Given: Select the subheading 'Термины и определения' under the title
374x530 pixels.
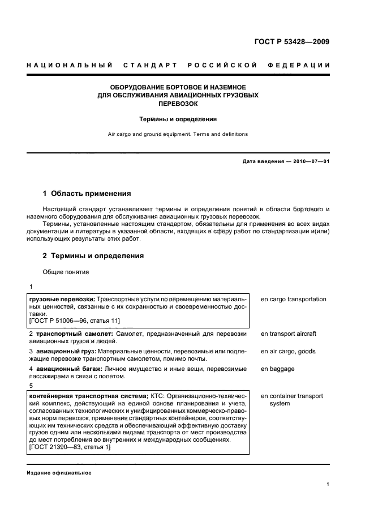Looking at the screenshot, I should [x=178, y=119].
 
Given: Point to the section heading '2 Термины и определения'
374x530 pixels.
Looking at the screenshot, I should [x=93, y=256].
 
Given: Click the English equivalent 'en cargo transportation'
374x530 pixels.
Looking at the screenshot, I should [x=293, y=299].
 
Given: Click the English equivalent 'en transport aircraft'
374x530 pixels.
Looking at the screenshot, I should [x=288, y=334].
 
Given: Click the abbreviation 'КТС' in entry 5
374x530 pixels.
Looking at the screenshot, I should [x=157, y=396].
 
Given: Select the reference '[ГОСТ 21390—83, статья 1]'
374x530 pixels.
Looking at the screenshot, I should [x=69, y=447].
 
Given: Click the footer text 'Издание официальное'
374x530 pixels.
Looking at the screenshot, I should [x=58, y=473].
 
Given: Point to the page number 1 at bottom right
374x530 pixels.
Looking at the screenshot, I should [x=328, y=484].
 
